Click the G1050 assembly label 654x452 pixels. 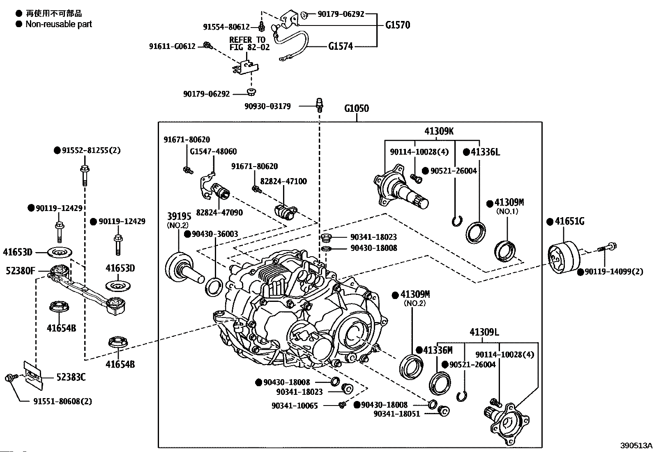(x=356, y=109)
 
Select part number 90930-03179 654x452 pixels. (x=267, y=106)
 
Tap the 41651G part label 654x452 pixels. (x=569, y=221)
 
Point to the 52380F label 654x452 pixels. (x=21, y=271)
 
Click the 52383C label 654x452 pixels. (x=71, y=377)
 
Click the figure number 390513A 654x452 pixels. (x=636, y=445)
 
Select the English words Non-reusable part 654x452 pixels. (x=59, y=24)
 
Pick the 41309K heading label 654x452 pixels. (x=439, y=131)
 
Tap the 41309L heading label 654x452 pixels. (x=484, y=332)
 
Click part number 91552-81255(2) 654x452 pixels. (x=91, y=151)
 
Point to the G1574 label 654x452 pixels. (x=341, y=46)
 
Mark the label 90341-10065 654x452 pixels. (x=295, y=406)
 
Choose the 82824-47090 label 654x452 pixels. (x=219, y=213)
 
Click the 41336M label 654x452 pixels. (x=438, y=350)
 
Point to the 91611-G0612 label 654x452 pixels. (x=172, y=47)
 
